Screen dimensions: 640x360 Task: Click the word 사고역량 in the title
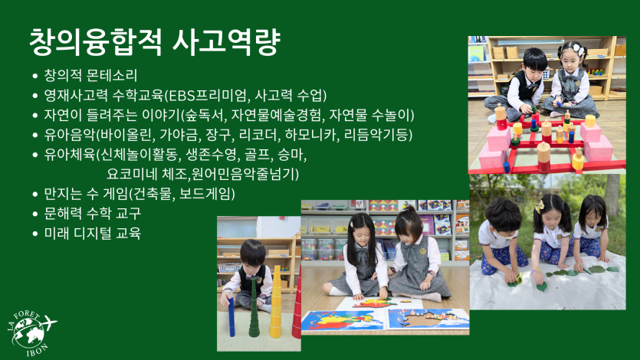227,42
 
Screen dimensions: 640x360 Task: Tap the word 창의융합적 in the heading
96,42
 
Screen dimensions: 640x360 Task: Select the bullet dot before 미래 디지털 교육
35,234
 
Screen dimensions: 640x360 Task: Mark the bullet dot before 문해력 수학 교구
35,214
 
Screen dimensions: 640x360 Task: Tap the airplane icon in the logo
48,323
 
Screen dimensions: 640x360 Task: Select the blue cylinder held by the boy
231,317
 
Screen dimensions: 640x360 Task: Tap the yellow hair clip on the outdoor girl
540,206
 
